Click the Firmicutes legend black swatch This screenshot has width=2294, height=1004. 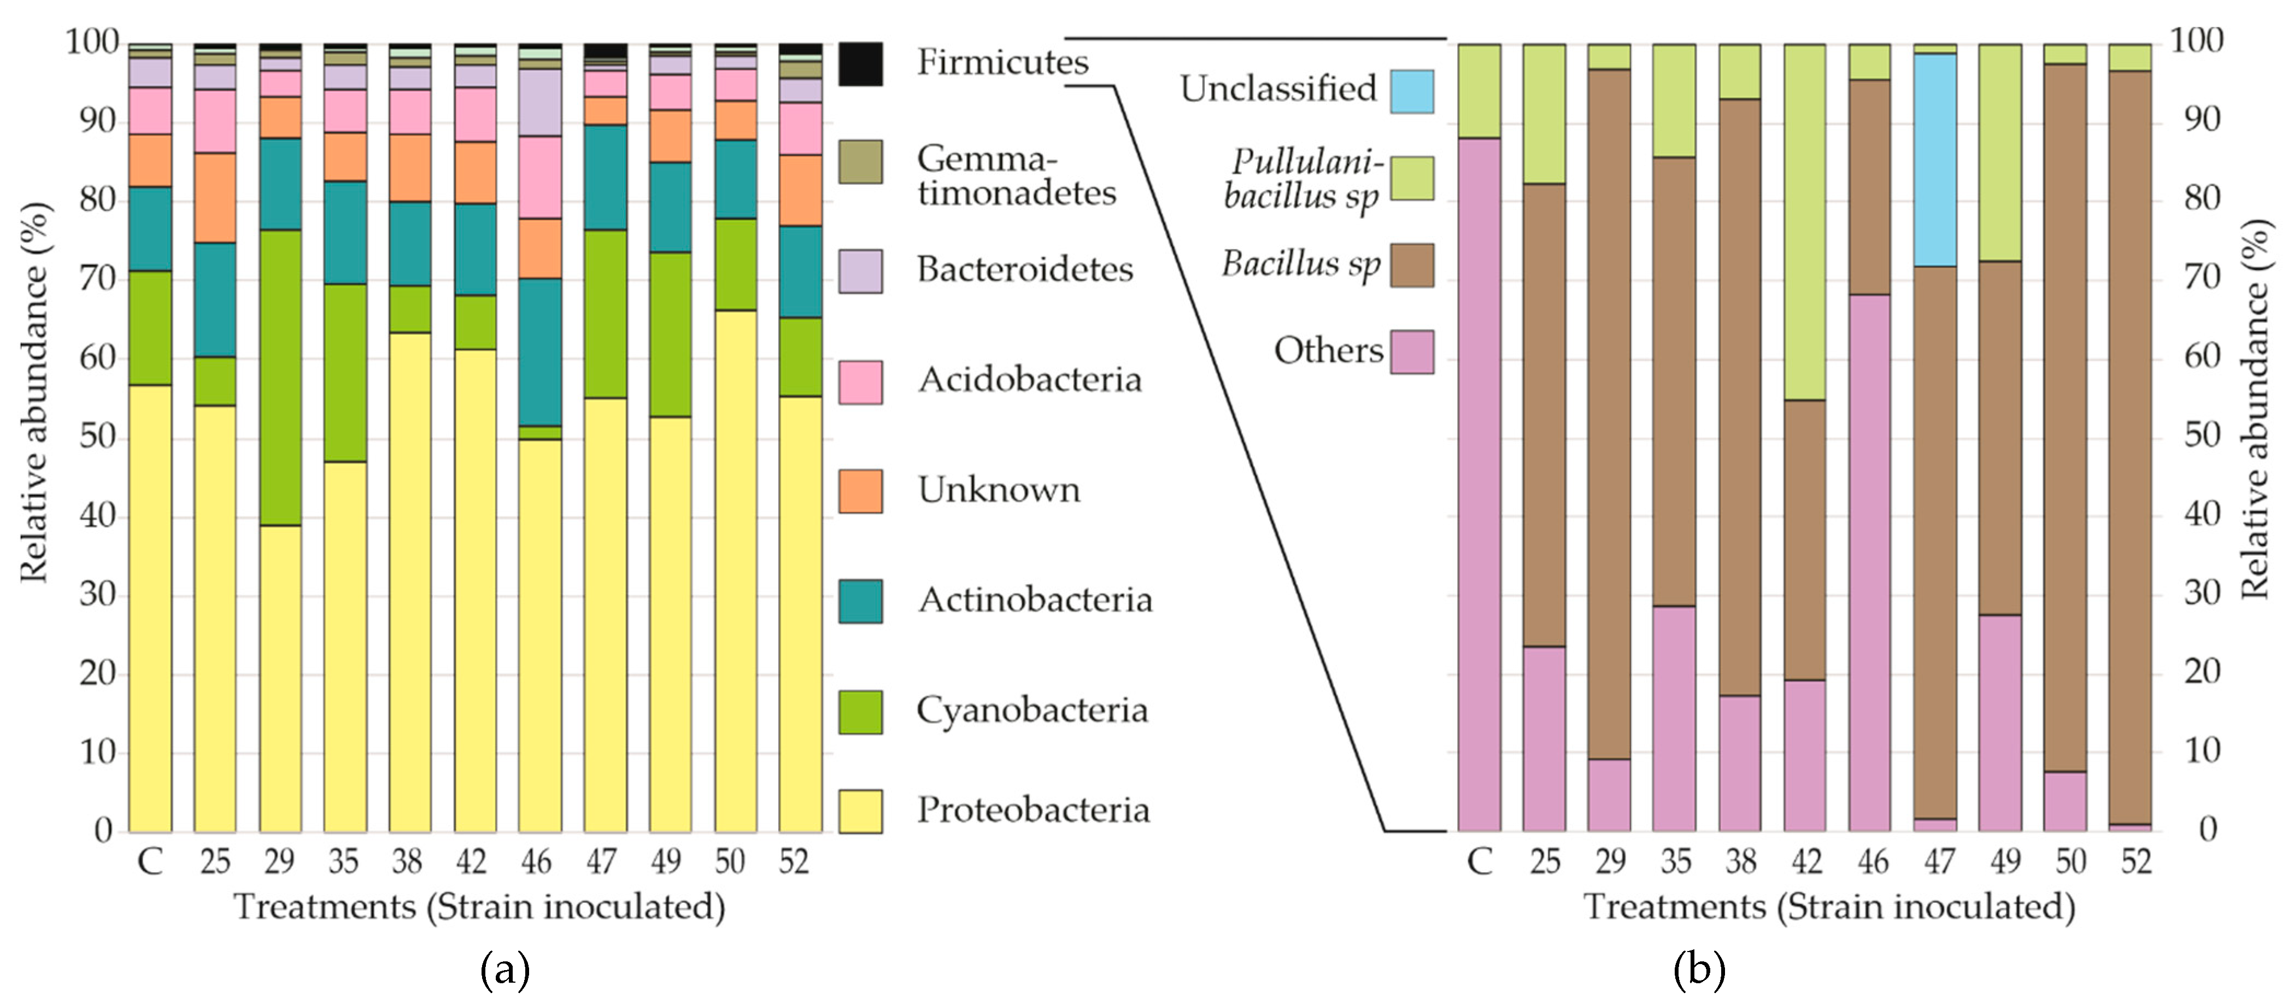click(x=860, y=64)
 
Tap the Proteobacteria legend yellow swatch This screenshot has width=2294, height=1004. click(x=860, y=811)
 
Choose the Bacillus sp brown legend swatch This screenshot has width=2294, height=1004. click(x=1411, y=266)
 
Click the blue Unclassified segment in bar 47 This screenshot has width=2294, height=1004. click(x=1935, y=160)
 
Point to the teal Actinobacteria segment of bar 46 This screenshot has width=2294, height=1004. click(x=539, y=352)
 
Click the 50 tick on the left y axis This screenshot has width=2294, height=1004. click(x=98, y=437)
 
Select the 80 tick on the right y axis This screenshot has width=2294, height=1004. click(x=2202, y=198)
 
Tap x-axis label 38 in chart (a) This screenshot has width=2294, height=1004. click(x=407, y=861)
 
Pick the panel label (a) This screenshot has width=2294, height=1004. click(x=505, y=969)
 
